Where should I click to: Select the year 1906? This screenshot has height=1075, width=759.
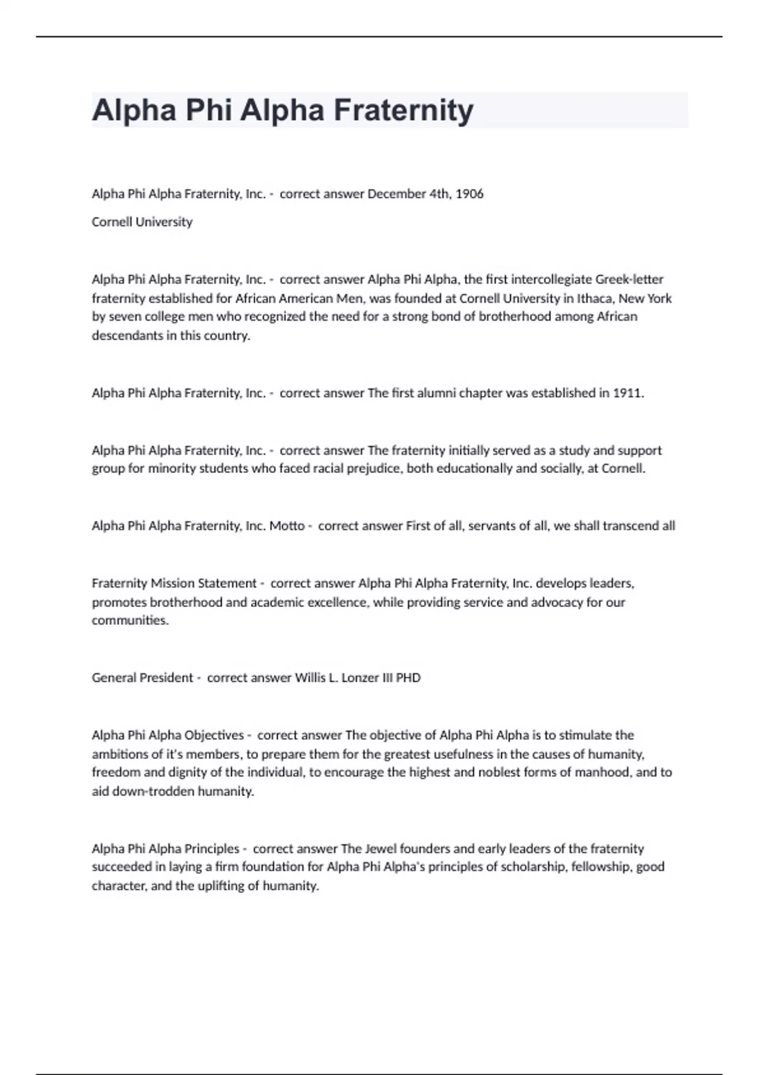469,194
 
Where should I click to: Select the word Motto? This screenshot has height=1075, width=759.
287,526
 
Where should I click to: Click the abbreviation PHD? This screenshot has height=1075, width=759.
408,678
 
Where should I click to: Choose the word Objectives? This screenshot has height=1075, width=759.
214,735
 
